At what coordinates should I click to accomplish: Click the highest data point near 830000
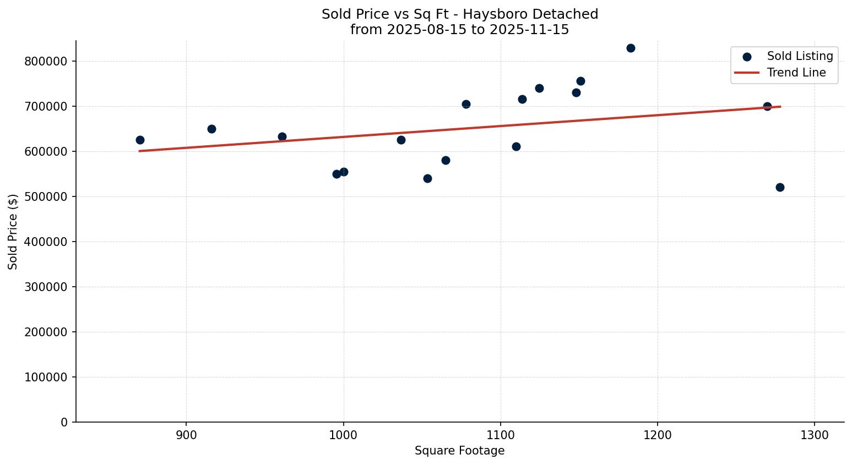point(631,48)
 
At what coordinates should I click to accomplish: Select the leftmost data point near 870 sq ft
point(140,140)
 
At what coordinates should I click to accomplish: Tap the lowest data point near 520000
point(780,187)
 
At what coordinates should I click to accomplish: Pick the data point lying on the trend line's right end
point(767,106)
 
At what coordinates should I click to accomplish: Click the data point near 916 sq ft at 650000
point(211,129)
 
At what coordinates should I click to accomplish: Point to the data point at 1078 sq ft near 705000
point(466,104)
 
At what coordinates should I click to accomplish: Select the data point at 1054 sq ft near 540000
point(427,178)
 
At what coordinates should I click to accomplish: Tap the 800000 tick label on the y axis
point(46,61)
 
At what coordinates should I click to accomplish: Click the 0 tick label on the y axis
point(64,422)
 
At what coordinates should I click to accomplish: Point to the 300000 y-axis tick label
point(46,287)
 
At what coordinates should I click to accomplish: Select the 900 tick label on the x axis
point(186,435)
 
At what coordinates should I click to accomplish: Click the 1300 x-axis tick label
point(815,435)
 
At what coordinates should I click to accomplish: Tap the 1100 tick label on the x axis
point(501,435)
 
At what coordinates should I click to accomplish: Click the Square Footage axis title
point(459,451)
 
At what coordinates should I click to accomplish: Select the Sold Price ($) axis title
point(13,232)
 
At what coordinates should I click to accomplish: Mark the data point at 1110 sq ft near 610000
point(516,146)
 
